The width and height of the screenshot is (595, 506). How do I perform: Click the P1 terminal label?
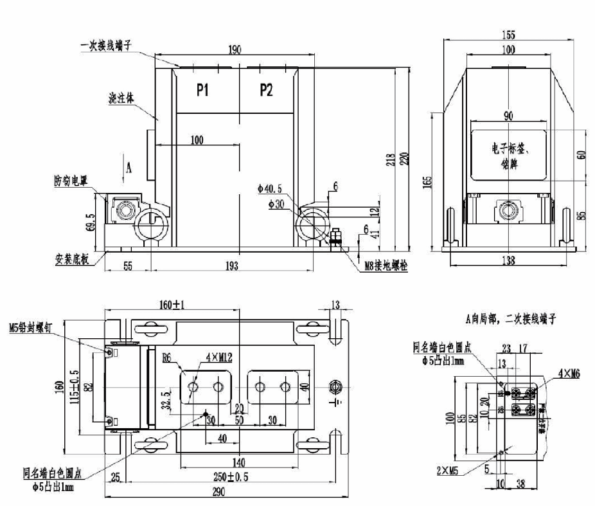point(202,91)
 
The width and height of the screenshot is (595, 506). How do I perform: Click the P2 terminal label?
point(266,91)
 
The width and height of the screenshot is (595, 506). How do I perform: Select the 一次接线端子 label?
point(106,46)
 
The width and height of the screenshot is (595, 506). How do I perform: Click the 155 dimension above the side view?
point(508,35)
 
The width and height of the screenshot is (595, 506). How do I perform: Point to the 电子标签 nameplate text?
point(508,148)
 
